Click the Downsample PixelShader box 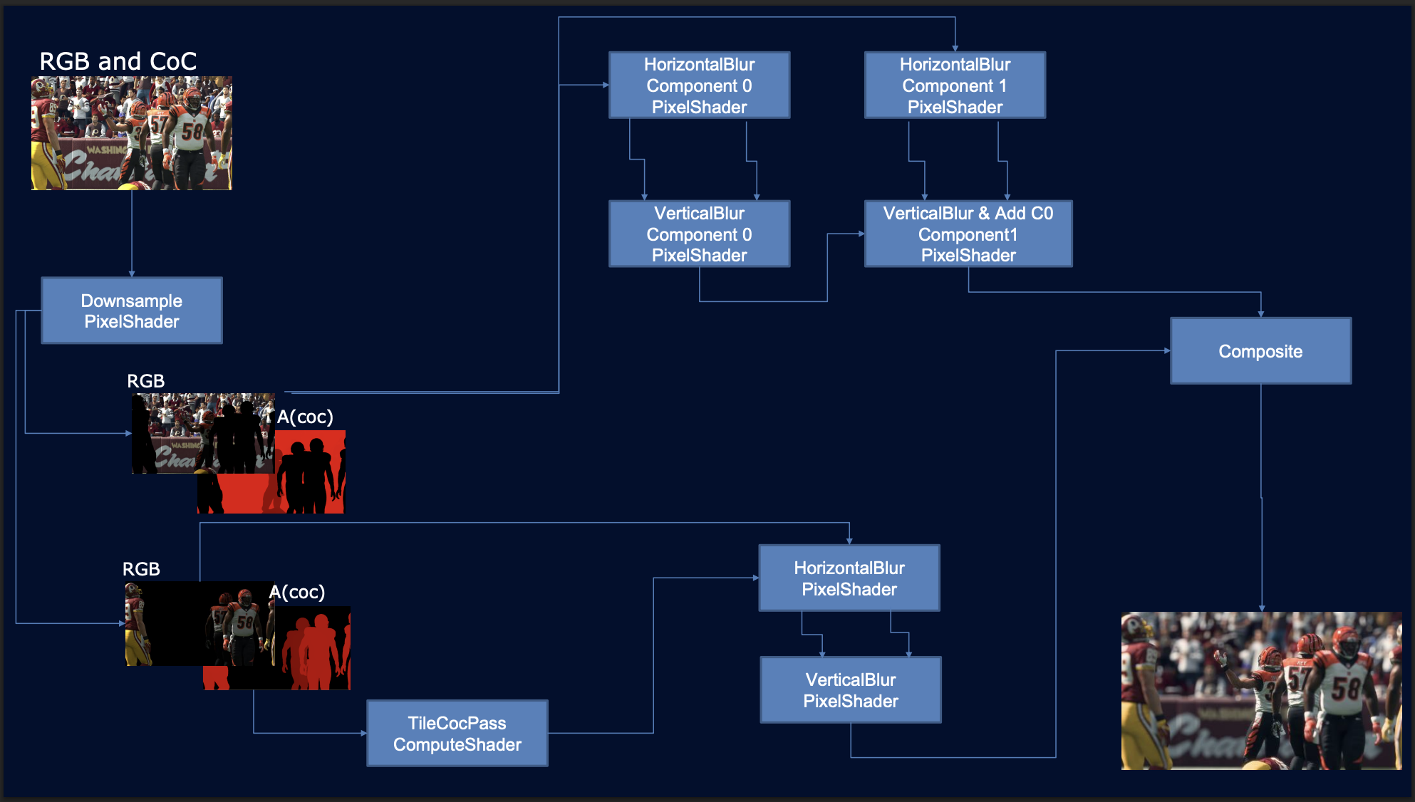(x=132, y=311)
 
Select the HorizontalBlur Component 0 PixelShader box (x=699, y=85)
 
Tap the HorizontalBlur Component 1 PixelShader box (x=955, y=85)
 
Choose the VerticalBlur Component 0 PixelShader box (x=699, y=234)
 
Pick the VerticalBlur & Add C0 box (x=968, y=234)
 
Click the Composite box (x=1260, y=351)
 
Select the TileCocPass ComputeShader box (x=457, y=734)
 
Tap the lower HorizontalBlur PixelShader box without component (x=849, y=578)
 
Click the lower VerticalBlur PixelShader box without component (x=851, y=690)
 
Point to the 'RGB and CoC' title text (x=118, y=61)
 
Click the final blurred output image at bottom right (x=1261, y=691)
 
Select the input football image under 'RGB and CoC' (x=132, y=133)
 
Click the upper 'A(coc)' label (x=305, y=417)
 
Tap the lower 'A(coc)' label (x=297, y=592)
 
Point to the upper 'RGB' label (x=145, y=381)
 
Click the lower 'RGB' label (x=141, y=569)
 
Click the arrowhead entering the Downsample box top (x=132, y=274)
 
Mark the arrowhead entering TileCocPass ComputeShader (x=363, y=733)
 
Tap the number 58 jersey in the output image (x=1345, y=689)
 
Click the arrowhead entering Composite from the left (x=1166, y=350)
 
